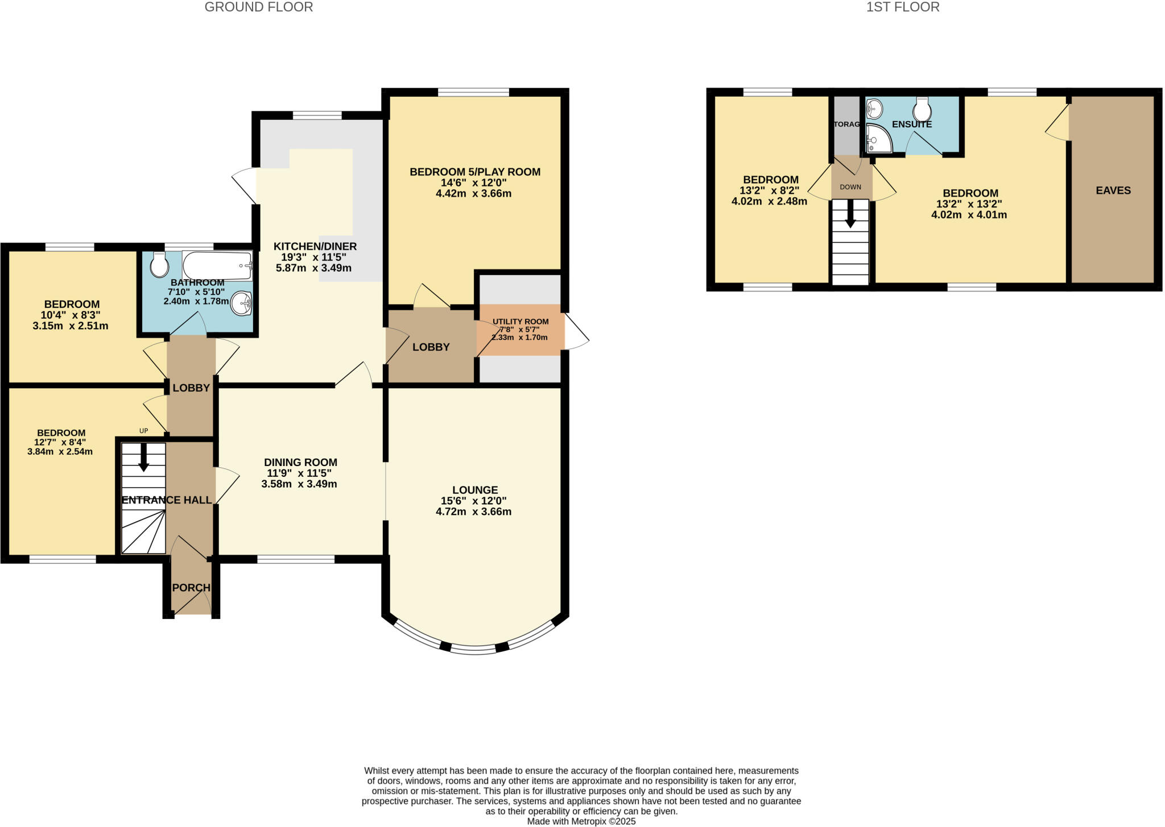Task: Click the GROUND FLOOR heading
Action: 258,7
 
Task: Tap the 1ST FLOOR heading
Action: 903,7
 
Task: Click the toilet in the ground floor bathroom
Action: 160,264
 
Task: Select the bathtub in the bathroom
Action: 217,265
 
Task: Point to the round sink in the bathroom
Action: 241,303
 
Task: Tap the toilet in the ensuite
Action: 922,109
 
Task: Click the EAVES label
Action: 1113,190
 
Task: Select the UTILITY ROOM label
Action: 520,322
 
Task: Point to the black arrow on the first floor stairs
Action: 850,214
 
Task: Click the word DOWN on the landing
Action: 850,187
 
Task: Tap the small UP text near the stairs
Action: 143,431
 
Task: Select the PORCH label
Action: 191,588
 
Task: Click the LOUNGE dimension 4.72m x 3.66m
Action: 473,512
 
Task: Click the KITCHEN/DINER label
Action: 315,246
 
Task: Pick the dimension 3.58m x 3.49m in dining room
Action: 299,484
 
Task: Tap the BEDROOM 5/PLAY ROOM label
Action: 474,172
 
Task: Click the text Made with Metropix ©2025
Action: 581,821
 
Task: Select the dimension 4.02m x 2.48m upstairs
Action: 769,201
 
